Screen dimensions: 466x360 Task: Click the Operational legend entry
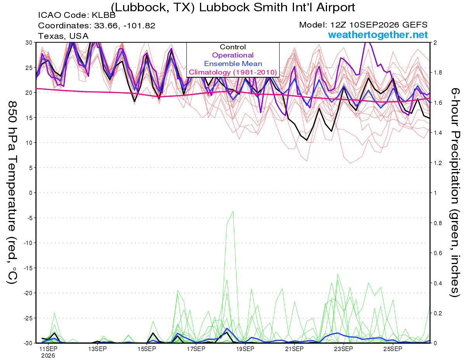(233, 55)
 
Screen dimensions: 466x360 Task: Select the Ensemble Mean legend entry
(233, 64)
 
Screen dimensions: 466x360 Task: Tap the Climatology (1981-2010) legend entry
(233, 72)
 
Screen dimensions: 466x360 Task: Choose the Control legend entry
(233, 47)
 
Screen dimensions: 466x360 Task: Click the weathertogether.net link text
(378, 35)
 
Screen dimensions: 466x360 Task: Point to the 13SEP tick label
(97, 349)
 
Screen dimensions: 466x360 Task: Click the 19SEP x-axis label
(245, 349)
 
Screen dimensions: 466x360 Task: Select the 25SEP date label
(393, 349)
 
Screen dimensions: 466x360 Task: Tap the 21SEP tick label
(294, 349)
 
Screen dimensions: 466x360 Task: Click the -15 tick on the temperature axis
(28, 268)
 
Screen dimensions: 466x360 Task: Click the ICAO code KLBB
(104, 15)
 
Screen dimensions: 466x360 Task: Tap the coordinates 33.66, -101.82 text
(125, 26)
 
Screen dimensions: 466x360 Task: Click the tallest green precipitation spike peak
(233, 211)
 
